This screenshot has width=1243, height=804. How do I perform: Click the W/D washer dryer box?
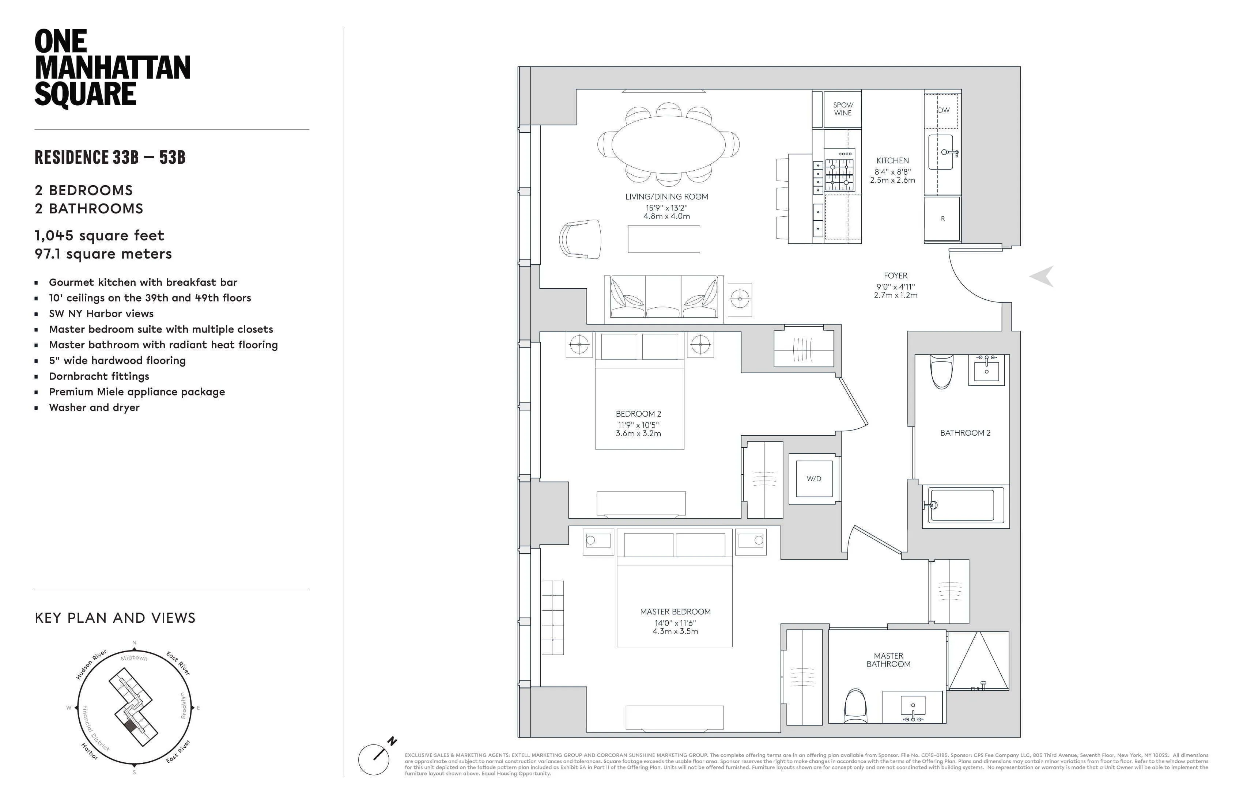814,479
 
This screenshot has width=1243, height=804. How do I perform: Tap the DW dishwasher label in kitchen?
943,110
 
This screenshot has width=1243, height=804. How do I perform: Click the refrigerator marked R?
942,219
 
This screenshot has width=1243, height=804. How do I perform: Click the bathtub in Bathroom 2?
961,505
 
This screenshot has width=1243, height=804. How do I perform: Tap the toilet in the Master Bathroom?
855,706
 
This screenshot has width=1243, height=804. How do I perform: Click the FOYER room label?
895,276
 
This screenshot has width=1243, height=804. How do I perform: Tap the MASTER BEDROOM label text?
675,611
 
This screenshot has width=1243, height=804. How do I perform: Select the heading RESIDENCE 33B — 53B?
110,157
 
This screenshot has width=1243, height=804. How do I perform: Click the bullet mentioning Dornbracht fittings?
99,376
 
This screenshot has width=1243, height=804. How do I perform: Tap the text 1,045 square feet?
99,235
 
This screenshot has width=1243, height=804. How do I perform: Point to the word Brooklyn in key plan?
183,705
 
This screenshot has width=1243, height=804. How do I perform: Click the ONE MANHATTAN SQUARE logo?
112,68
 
